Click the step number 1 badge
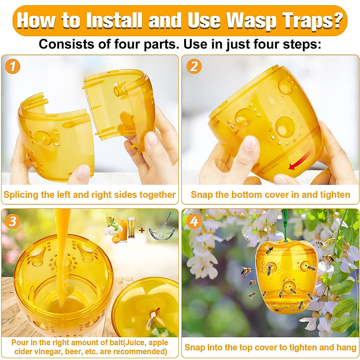(x=12, y=66)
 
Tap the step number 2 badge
(x=194, y=66)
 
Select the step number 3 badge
(x=12, y=221)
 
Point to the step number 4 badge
(x=194, y=221)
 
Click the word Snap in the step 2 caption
(x=202, y=195)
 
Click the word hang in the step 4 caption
(x=346, y=347)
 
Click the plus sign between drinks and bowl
(x=142, y=230)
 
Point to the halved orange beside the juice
(x=115, y=239)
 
